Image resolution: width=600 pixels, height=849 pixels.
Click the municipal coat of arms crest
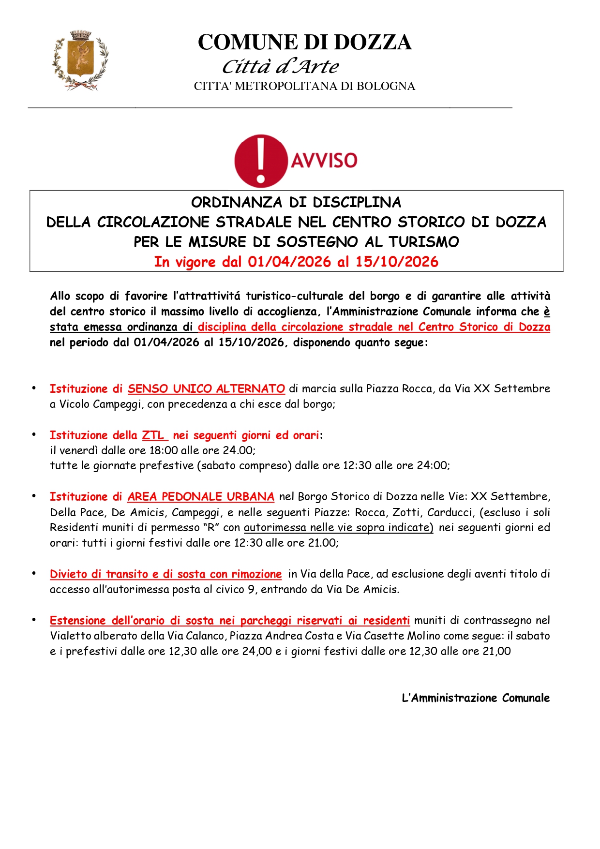click(80, 60)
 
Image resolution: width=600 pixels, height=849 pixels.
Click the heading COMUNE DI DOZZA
click(304, 43)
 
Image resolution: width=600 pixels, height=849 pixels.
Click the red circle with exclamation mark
click(261, 161)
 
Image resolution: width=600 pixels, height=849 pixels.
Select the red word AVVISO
click(324, 160)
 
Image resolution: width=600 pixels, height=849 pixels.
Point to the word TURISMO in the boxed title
click(424, 242)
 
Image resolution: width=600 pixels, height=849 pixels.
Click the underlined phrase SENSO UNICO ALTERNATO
click(206, 388)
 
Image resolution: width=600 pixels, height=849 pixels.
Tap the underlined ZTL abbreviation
click(153, 435)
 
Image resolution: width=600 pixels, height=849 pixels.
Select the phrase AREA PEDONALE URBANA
click(201, 496)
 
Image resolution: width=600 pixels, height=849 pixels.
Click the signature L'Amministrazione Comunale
click(476, 698)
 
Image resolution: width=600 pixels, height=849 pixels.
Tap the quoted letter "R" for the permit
click(211, 527)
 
